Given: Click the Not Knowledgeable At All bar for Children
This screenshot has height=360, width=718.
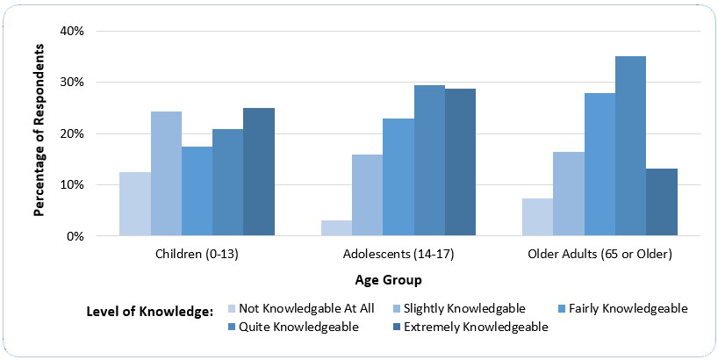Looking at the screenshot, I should pos(135,205).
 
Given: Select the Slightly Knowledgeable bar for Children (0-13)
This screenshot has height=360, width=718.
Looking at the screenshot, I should pos(166,174).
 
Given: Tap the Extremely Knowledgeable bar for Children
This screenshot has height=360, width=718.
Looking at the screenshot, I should pos(259,172).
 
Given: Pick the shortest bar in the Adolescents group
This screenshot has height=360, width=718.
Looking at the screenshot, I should pos(336,228).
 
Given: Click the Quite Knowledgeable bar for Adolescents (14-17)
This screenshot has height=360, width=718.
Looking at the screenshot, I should pos(429,161).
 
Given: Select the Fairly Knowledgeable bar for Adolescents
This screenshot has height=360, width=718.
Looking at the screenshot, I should pos(398,177).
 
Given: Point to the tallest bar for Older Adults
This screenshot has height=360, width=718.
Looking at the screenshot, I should pos(630,147).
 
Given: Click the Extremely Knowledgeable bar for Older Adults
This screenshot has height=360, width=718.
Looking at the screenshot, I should pos(661,203).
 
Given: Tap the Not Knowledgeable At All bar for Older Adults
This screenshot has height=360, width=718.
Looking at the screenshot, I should pos(537,218).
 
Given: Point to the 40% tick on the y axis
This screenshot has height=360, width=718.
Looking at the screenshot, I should pos(71,31).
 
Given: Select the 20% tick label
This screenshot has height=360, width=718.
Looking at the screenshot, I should pos(71,133).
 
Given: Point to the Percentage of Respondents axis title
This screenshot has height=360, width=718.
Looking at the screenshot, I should pos(39,133).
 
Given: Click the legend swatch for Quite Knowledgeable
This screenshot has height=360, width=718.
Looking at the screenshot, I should pos(232,327).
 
